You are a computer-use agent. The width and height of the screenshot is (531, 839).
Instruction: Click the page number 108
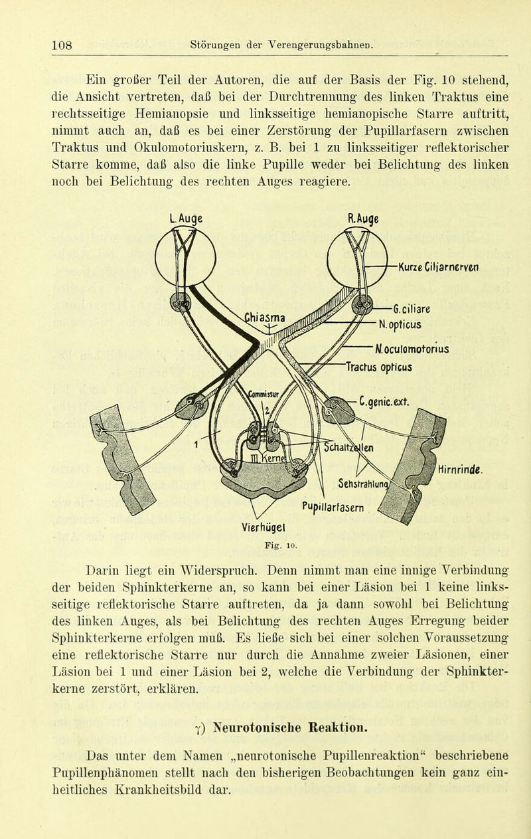click(x=62, y=45)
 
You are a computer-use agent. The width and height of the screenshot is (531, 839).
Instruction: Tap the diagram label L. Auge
click(x=186, y=219)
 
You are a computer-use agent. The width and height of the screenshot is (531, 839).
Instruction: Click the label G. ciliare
click(x=412, y=310)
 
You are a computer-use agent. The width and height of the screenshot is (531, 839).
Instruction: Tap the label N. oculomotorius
click(x=412, y=349)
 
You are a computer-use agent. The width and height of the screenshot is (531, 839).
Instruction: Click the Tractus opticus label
click(x=379, y=367)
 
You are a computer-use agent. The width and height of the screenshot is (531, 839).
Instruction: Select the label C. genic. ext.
click(x=384, y=402)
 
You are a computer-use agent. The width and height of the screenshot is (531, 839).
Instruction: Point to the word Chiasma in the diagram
click(x=265, y=318)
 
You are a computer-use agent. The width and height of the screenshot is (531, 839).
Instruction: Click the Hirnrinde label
click(x=460, y=470)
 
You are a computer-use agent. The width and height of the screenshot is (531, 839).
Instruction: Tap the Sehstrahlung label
click(x=363, y=484)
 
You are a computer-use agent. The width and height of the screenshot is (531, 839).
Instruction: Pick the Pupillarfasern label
click(x=333, y=508)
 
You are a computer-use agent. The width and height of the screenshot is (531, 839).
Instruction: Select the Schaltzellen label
click(x=348, y=447)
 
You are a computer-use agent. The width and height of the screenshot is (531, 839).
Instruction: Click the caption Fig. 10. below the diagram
click(x=281, y=545)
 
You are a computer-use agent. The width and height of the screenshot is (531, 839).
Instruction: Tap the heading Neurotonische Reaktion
click(x=290, y=728)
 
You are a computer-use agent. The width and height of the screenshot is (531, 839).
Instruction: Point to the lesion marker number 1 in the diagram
click(x=196, y=444)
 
